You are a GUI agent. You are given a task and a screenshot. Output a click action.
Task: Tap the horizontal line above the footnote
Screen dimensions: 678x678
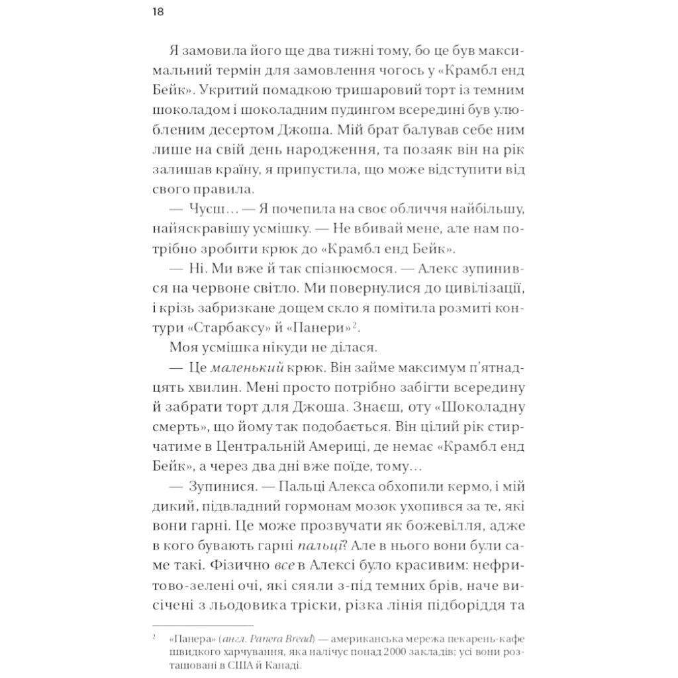(203, 625)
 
